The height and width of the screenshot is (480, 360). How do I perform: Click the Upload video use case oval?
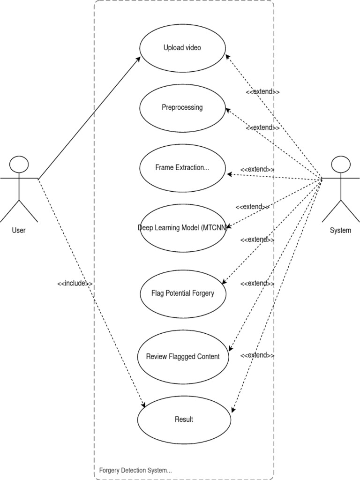182,48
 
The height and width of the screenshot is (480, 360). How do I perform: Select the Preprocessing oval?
182,108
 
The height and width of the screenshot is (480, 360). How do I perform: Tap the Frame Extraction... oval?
182,168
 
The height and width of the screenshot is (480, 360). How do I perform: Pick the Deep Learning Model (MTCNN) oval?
182,228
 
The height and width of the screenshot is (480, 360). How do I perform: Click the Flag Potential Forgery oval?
182,293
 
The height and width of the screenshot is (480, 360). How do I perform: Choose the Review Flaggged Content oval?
182,357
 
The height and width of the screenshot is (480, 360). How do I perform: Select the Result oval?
184,420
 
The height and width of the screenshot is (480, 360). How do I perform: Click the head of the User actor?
19,165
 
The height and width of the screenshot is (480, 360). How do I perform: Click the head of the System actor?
341,165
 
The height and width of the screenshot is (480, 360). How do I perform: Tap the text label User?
19,230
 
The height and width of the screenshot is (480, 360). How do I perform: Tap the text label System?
340,230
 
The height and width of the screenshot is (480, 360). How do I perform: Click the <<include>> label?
75,284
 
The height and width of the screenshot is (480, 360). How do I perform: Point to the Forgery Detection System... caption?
135,470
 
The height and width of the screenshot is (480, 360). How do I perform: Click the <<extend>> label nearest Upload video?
263,92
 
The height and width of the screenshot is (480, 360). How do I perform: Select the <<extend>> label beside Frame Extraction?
257,169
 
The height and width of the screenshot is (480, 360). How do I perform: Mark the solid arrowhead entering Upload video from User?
139,59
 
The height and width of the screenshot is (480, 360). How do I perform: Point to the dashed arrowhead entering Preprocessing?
228,110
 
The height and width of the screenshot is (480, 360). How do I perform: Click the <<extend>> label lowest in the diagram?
257,355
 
